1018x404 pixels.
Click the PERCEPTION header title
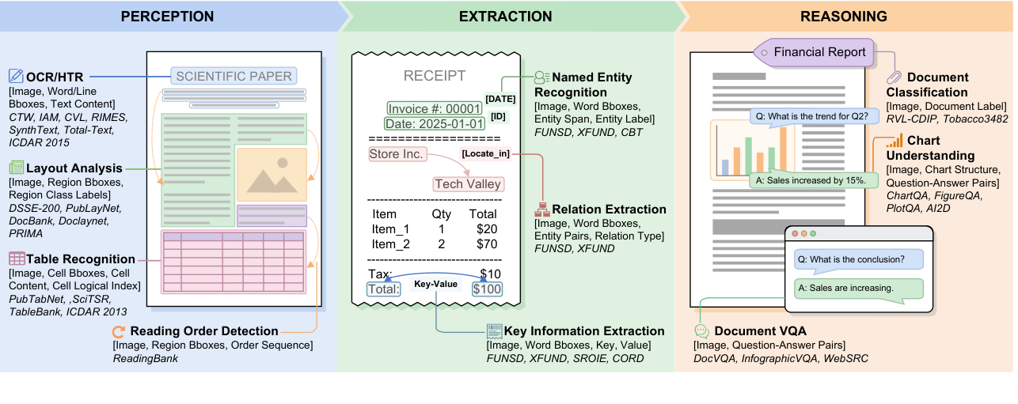pyautogui.click(x=167, y=16)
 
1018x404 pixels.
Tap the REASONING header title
pyautogui.click(x=843, y=16)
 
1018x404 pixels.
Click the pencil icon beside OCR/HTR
pyautogui.click(x=16, y=77)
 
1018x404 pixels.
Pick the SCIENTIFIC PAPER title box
pyautogui.click(x=234, y=77)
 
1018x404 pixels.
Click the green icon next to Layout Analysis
pyautogui.click(x=16, y=168)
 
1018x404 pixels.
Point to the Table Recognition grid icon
pyautogui.click(x=16, y=259)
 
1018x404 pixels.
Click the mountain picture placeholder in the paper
pyautogui.click(x=271, y=176)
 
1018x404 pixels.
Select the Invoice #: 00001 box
pyautogui.click(x=434, y=108)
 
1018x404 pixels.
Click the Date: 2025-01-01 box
pyautogui.click(x=434, y=124)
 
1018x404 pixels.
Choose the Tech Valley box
pyautogui.click(x=468, y=184)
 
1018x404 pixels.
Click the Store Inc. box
pyautogui.click(x=396, y=154)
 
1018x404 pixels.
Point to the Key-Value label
pyautogui.click(x=436, y=284)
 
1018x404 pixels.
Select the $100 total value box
pyautogui.click(x=487, y=289)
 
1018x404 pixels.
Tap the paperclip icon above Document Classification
pyautogui.click(x=895, y=77)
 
